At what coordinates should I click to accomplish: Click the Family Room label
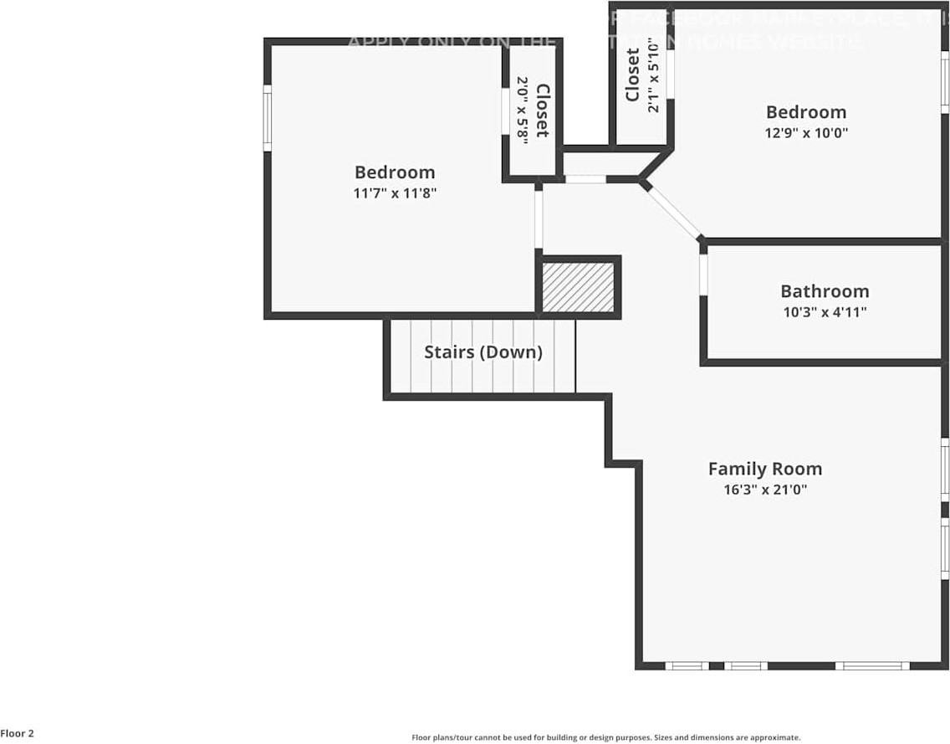coord(764,469)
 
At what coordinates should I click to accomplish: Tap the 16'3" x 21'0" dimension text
coord(764,490)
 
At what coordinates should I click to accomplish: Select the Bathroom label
coord(825,291)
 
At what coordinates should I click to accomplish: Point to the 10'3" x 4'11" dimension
coord(825,312)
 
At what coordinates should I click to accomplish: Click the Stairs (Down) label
coord(483,352)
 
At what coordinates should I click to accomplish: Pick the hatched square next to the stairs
coord(579,287)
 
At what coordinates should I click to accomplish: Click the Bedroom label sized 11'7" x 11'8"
coord(395,172)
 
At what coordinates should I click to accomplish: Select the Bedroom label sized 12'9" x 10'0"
coord(806,112)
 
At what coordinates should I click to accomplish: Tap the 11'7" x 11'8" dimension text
coord(395,192)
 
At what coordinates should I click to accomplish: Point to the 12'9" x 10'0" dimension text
coord(806,132)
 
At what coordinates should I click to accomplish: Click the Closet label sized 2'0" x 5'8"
coord(542,110)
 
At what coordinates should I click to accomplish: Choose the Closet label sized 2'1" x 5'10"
coord(633,75)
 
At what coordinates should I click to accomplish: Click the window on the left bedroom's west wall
coord(268,118)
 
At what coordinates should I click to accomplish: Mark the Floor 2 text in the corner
coord(18,733)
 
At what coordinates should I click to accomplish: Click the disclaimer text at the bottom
coord(605,737)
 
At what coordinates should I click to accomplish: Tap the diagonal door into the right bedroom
coord(674,212)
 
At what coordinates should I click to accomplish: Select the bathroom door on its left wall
coord(703,275)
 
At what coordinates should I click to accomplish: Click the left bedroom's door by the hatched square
coord(539,219)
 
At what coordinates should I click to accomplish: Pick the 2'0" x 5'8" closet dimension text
coord(523,109)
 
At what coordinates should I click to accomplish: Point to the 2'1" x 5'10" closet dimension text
coord(654,75)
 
